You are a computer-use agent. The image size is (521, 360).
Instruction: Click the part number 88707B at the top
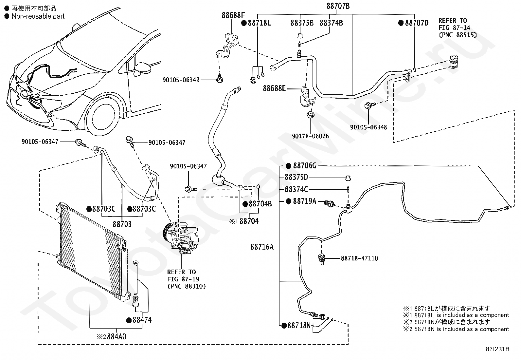coord(338,6)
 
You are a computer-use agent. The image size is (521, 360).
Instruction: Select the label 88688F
coord(233,15)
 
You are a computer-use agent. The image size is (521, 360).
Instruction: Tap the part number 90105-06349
coord(181,80)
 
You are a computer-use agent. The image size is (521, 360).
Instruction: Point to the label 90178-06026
coord(311,136)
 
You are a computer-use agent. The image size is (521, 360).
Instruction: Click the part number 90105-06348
coord(368,127)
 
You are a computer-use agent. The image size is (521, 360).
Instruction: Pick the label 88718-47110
coord(359,258)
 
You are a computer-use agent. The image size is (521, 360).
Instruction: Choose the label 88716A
coord(262,247)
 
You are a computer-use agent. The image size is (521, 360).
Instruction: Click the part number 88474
coord(142,320)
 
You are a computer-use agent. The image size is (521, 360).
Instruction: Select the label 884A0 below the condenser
coord(117,337)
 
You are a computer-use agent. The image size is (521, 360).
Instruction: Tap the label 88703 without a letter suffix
coord(122,224)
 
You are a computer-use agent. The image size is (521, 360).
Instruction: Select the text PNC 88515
coord(460,35)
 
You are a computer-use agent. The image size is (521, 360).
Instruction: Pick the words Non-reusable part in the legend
coord(38,16)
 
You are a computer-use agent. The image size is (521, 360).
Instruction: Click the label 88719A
coord(304,201)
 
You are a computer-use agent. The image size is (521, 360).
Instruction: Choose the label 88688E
coord(274,88)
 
